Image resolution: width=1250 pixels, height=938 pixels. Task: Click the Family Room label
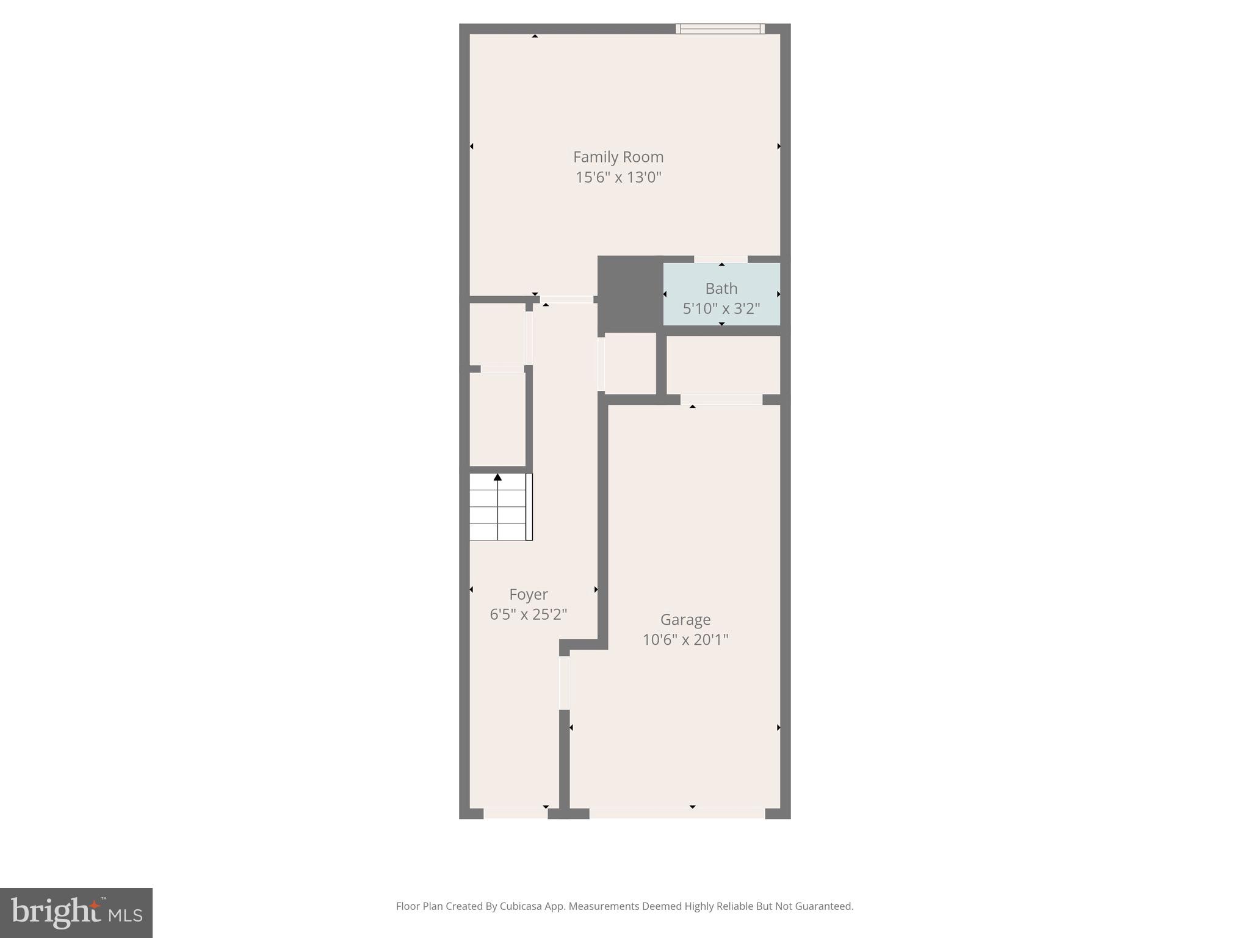[x=618, y=157]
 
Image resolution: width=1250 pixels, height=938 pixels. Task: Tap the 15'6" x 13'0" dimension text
[x=618, y=178]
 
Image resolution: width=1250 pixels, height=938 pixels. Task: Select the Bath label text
[x=721, y=288]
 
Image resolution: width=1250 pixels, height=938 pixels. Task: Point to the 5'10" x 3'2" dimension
[x=721, y=308]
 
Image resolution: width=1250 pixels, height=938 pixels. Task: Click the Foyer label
[x=528, y=594]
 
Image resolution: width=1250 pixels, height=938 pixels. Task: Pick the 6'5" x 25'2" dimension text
[x=528, y=614]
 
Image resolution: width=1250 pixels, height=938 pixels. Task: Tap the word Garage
[x=685, y=619]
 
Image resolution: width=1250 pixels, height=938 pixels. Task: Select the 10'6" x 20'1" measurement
[x=685, y=640]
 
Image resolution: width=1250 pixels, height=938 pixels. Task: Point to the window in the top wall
[x=720, y=29]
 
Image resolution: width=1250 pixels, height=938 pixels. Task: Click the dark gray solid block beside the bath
[x=629, y=294]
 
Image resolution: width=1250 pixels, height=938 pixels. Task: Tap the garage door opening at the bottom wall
[x=677, y=813]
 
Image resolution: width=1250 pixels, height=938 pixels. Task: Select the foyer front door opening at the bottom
[x=516, y=813]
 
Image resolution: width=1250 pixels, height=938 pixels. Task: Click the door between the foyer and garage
[x=565, y=683]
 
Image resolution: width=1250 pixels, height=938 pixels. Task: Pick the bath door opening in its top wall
[x=721, y=260]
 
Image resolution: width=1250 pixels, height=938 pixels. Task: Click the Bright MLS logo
[x=76, y=913]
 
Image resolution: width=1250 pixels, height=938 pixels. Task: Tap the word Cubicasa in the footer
[x=521, y=906]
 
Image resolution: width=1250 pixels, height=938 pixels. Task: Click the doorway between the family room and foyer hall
[x=566, y=300]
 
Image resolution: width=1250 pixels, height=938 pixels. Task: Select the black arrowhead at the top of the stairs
[x=497, y=477]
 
